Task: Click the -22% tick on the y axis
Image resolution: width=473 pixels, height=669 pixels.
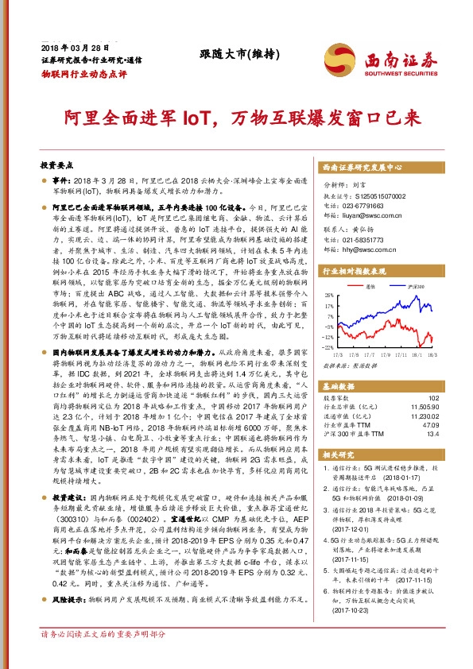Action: (329, 347)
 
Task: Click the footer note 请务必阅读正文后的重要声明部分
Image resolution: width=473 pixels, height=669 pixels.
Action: (103, 657)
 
